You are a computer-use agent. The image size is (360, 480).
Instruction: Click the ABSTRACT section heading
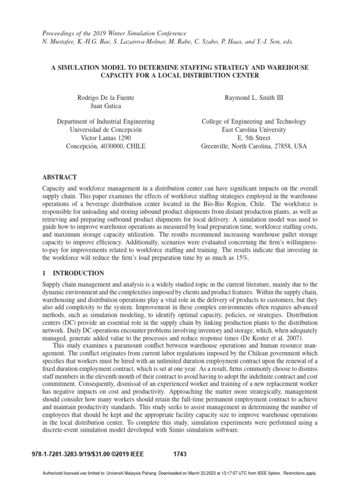(x=60, y=177)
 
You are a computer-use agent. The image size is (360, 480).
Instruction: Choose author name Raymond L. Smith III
(x=254, y=97)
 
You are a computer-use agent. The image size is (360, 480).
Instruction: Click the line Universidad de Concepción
(x=105, y=129)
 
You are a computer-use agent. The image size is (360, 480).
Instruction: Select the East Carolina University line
(x=254, y=129)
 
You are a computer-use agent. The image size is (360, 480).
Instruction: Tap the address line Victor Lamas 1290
(x=105, y=138)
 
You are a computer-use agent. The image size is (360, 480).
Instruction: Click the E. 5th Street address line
(x=254, y=138)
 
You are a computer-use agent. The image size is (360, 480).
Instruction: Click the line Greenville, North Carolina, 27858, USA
(x=254, y=146)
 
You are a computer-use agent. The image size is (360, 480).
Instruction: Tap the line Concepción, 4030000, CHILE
(x=105, y=146)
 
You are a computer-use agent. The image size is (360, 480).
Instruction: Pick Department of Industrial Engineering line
(x=105, y=121)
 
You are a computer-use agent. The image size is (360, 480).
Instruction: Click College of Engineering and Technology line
(x=254, y=121)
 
